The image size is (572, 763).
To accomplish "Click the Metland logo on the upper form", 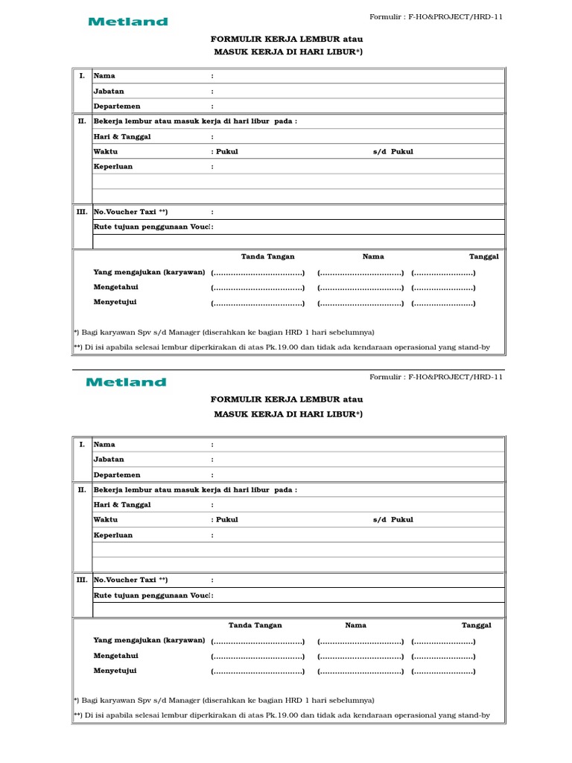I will click(x=128, y=22).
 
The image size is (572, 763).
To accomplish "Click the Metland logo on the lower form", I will click(x=127, y=382).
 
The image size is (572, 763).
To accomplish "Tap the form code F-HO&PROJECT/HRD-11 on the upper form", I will click(x=456, y=17).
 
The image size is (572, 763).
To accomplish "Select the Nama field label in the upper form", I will click(x=104, y=76).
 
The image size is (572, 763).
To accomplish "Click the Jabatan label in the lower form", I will click(x=109, y=460).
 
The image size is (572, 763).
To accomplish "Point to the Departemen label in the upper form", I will click(x=116, y=107).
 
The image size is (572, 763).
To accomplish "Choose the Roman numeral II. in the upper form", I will click(x=82, y=121).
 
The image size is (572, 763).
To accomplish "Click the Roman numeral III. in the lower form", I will click(x=82, y=580).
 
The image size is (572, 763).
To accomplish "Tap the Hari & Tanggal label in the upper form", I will click(x=122, y=137).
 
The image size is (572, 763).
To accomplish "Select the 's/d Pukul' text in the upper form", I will click(x=393, y=152).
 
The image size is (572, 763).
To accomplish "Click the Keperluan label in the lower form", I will click(x=112, y=535).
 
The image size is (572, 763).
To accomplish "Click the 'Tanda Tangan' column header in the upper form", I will click(x=267, y=256).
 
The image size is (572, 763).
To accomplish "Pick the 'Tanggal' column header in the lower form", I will click(x=477, y=625).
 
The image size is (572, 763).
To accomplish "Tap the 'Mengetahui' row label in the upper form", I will click(x=115, y=287).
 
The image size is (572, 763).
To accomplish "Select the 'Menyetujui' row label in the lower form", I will click(x=115, y=671).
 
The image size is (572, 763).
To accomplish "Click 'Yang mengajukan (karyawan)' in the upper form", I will click(x=149, y=272).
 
